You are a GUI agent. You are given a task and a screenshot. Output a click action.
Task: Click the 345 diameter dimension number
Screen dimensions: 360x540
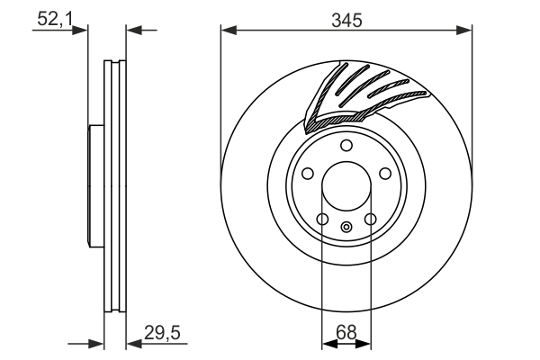(346, 19)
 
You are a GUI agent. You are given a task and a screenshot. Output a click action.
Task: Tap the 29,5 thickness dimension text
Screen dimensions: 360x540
(163, 333)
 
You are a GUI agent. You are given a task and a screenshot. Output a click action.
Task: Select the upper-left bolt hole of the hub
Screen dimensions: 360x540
(307, 175)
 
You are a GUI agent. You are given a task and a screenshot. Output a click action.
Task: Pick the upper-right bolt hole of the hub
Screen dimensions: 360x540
(384, 175)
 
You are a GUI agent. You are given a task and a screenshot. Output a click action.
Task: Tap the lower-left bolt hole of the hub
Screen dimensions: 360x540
(321, 219)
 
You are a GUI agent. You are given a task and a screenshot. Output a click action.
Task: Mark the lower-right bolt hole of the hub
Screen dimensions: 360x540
(370, 219)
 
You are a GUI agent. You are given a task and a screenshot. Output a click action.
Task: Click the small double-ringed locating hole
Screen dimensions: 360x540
(346, 227)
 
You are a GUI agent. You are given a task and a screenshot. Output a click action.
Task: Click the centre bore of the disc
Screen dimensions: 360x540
(346, 186)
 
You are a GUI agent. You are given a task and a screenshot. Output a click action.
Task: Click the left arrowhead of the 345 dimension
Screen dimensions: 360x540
(227, 31)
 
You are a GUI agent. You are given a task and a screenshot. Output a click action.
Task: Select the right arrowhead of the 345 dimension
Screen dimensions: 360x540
(465, 31)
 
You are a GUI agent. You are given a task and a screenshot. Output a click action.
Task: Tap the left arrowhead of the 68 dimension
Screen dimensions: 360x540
(327, 343)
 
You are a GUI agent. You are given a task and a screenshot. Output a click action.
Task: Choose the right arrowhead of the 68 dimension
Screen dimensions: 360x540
(364, 343)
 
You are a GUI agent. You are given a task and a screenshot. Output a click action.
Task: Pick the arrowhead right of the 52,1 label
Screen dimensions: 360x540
(83, 31)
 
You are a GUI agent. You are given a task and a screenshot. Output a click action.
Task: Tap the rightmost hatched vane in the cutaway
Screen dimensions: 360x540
(405, 95)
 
